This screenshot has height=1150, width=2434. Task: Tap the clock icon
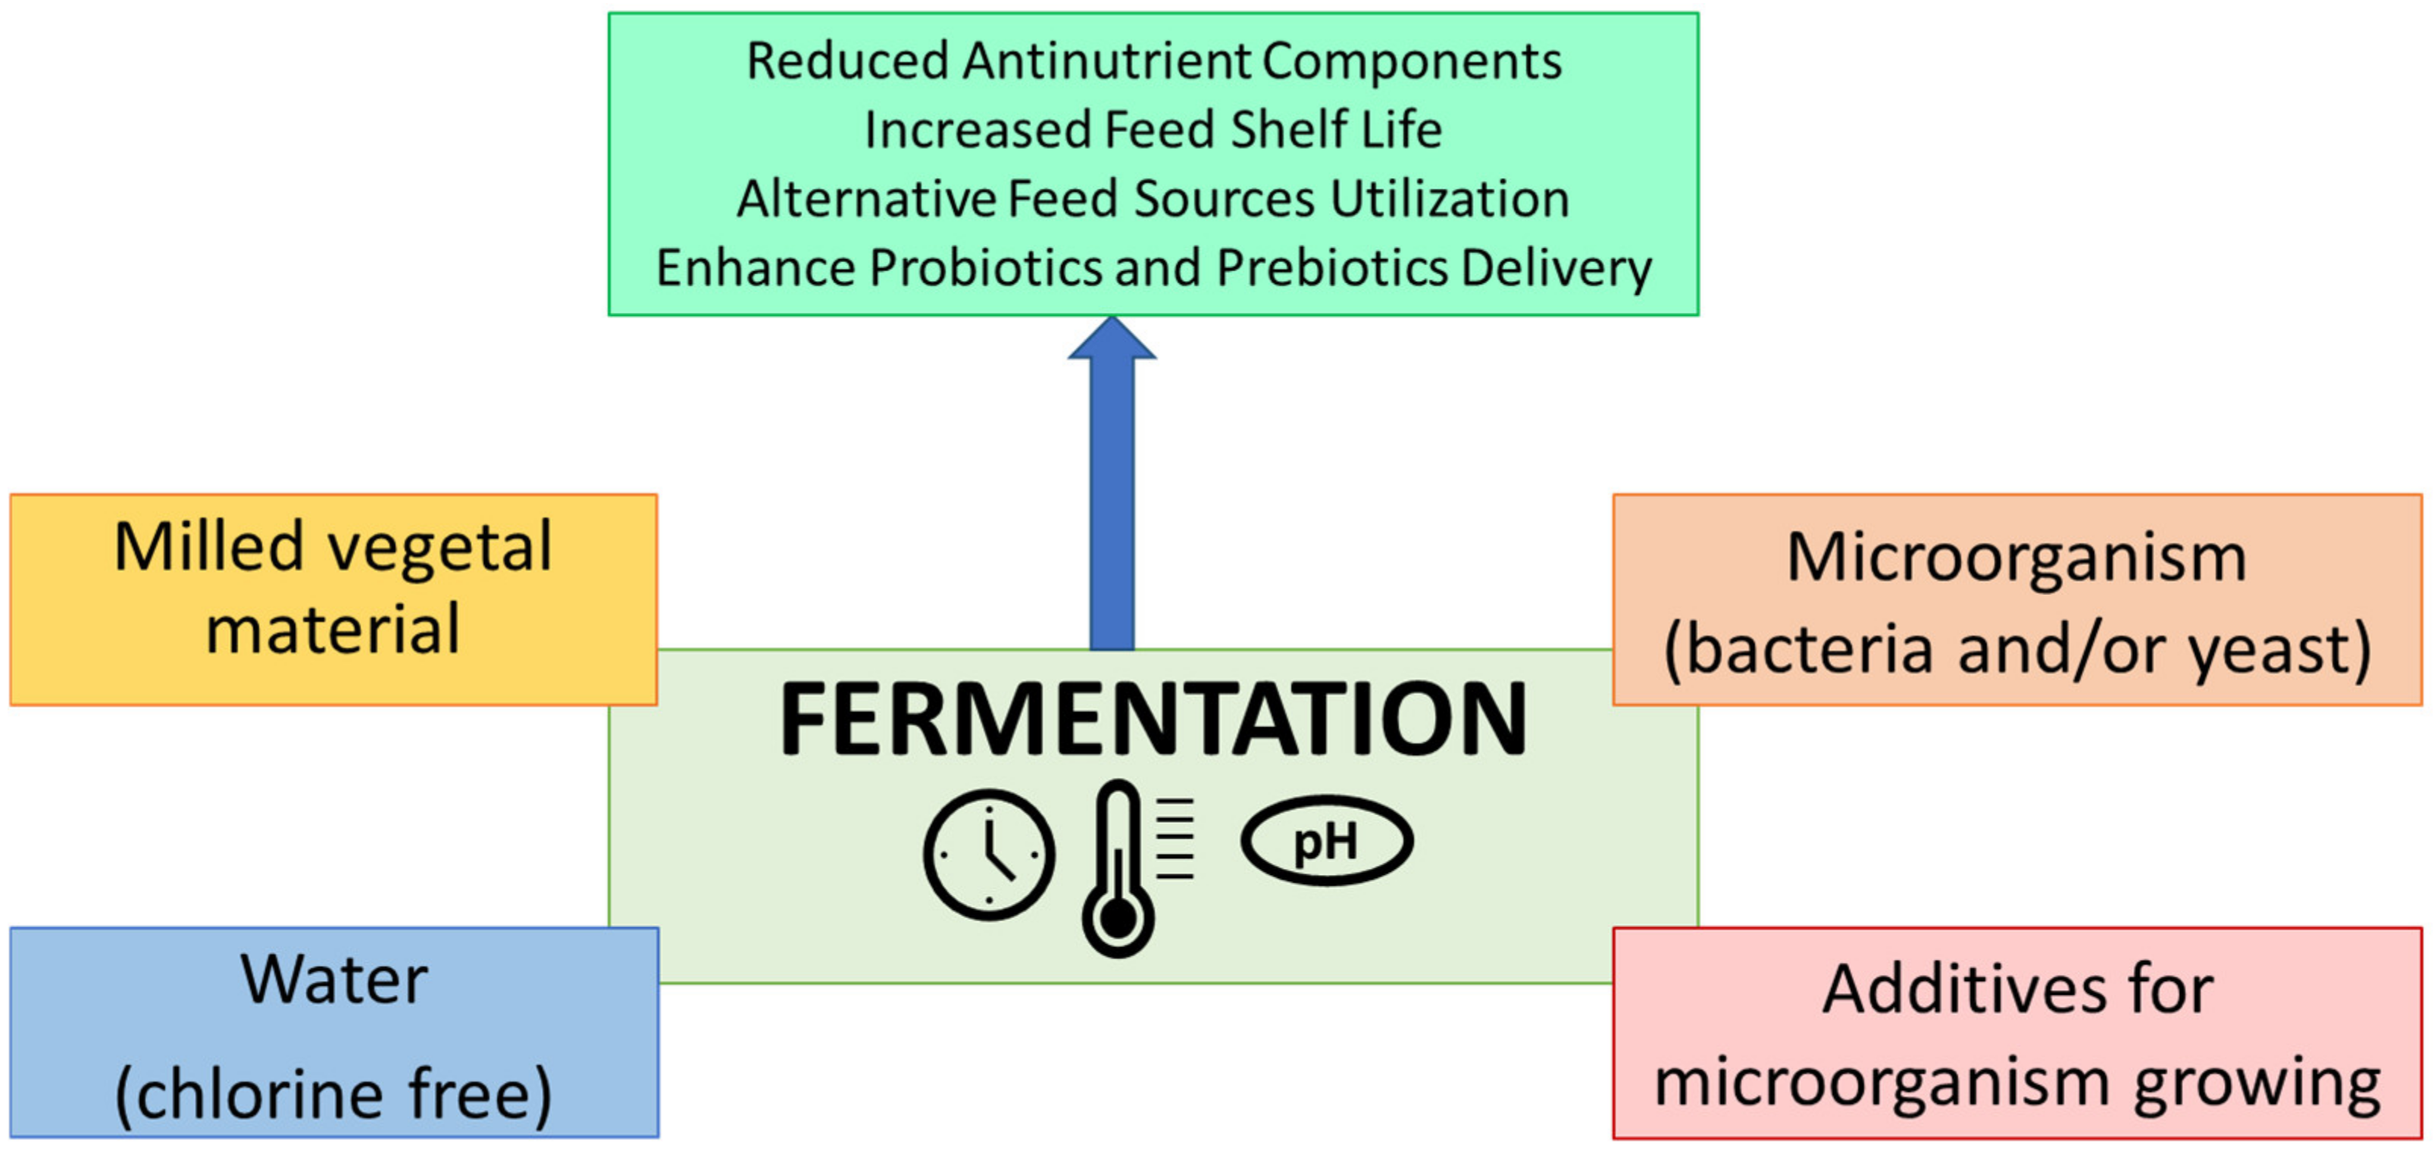point(988,855)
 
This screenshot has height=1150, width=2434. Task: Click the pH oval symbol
point(1327,840)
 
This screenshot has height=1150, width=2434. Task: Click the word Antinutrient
point(1106,61)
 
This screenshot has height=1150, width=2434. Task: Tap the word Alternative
point(865,199)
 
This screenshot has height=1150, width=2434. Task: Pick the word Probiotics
point(986,267)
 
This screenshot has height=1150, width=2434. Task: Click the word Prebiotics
point(1331,267)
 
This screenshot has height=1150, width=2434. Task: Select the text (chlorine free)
point(333,1093)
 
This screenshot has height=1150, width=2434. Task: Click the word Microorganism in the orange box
point(2016,558)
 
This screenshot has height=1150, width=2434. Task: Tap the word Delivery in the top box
point(1556,267)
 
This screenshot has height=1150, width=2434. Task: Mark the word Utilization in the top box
point(1450,199)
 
